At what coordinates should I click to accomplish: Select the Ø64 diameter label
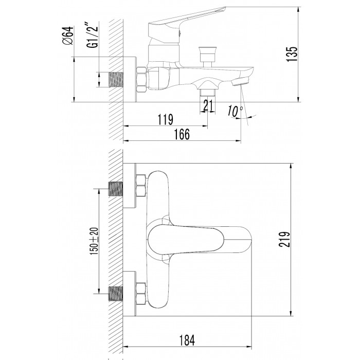[x=66, y=37]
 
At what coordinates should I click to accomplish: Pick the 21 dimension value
[x=208, y=105]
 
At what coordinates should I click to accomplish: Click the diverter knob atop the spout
[x=208, y=52]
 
